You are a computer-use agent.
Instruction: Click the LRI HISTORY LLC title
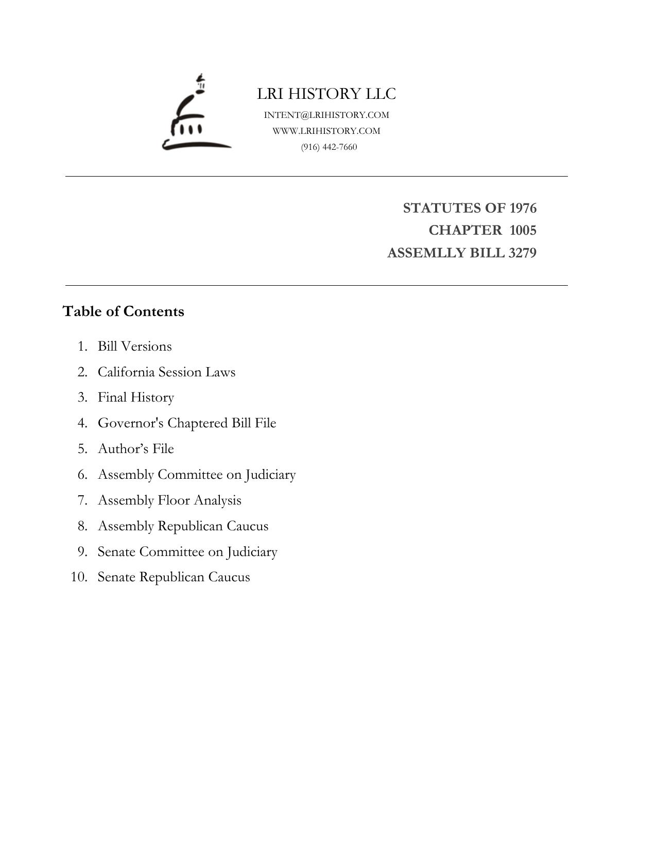tap(326, 94)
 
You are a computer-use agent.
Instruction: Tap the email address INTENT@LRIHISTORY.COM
tap(326, 115)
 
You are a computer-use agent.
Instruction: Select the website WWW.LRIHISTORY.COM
tap(326, 131)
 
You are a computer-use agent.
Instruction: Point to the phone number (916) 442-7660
tap(329, 147)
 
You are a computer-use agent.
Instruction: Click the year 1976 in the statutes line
tap(523, 208)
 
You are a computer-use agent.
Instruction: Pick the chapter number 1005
tap(523, 230)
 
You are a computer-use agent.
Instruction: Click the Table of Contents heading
tap(123, 311)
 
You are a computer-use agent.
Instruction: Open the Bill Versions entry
tap(134, 346)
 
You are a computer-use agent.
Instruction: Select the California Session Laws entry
tap(166, 372)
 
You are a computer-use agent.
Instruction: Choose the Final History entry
tap(136, 397)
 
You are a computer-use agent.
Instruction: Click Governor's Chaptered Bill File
tap(187, 423)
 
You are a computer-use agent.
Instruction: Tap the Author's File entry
tap(136, 449)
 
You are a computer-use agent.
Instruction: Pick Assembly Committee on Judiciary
tap(197, 475)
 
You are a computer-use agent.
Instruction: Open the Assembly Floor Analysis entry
tap(169, 500)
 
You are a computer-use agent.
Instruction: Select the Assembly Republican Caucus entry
tap(183, 526)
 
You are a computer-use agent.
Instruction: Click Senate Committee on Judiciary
tap(187, 552)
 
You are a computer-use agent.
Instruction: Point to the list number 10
tap(79, 577)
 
